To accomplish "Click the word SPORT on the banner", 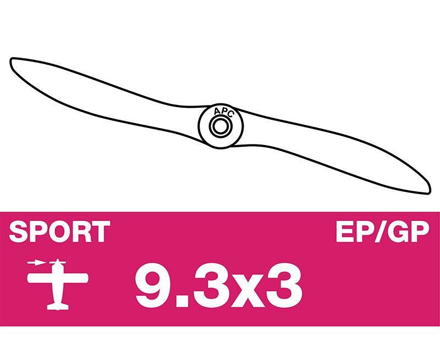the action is (x=59, y=231).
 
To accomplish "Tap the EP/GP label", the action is (x=382, y=231).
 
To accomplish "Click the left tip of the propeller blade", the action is (x=11, y=61).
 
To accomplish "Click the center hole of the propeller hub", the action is (x=221, y=126).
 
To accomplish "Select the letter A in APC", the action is (x=217, y=112).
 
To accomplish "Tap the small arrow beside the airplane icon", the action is (x=36, y=263).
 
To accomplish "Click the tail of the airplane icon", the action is (x=58, y=307).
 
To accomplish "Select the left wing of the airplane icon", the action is (x=40, y=278).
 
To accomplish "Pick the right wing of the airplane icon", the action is (x=75, y=278).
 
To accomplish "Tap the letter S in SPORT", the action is (x=19, y=231).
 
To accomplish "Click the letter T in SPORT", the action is (x=100, y=231).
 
